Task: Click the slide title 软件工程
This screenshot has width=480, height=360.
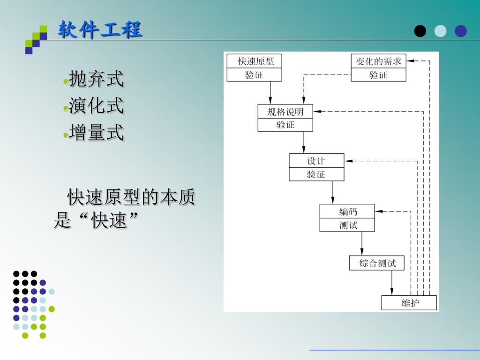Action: pyautogui.click(x=100, y=30)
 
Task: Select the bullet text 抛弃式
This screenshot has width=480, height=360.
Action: pyautogui.click(x=96, y=79)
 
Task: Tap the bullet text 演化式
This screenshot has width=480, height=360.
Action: pyautogui.click(x=96, y=106)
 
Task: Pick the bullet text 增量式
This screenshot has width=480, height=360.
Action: pyautogui.click(x=96, y=133)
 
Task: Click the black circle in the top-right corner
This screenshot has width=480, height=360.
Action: pyautogui.click(x=420, y=31)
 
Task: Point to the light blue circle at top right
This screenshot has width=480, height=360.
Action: pyautogui.click(x=441, y=31)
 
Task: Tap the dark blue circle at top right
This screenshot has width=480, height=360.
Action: pyautogui.click(x=461, y=31)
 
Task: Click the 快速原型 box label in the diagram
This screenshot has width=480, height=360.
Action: pyautogui.click(x=255, y=61)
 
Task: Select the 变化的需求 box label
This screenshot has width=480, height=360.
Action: pyautogui.click(x=378, y=61)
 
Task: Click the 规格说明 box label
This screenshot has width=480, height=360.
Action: pyautogui.click(x=285, y=112)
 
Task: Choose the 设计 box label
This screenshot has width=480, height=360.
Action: pyautogui.click(x=316, y=161)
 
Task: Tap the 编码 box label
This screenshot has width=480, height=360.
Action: pyautogui.click(x=347, y=211)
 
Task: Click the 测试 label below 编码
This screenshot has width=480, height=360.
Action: pyautogui.click(x=347, y=225)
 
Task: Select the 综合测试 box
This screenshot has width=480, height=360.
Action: pyautogui.click(x=377, y=263)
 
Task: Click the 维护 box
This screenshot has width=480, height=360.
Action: pyautogui.click(x=409, y=303)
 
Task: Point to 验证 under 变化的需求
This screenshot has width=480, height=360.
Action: pyautogui.click(x=378, y=75)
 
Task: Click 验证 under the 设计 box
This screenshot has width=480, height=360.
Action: pyautogui.click(x=316, y=174)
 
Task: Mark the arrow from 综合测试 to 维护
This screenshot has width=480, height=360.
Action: pyautogui.click(x=392, y=283)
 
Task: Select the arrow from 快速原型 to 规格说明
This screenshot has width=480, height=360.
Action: pyautogui.click(x=270, y=93)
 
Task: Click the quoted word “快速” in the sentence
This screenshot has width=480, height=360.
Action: pyautogui.click(x=110, y=220)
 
